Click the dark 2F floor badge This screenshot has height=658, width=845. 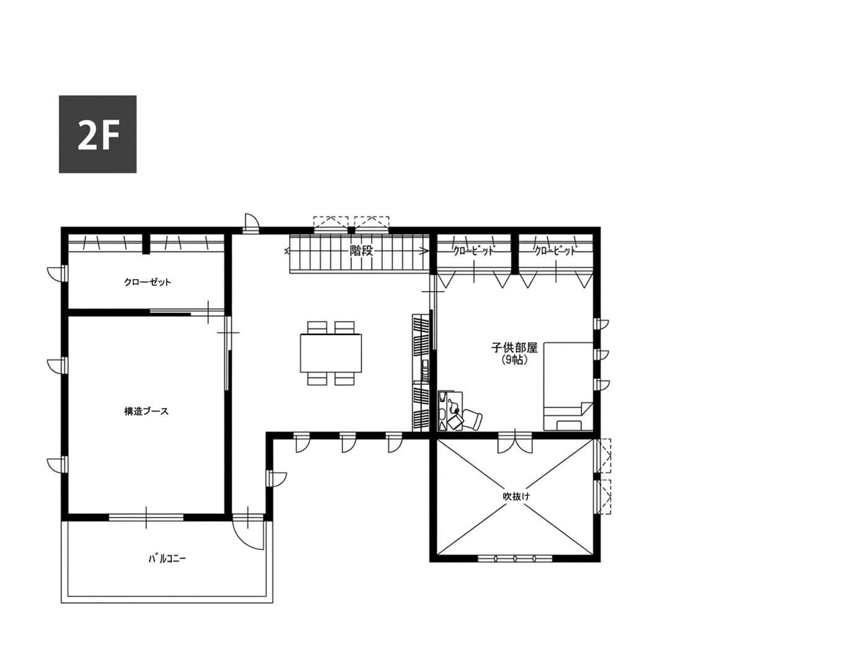point(97,134)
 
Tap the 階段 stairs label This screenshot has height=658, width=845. point(361,251)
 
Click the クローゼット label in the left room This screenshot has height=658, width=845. point(148,282)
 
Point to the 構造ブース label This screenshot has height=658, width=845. point(146,412)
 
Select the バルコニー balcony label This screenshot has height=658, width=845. point(168,559)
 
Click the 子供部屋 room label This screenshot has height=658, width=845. point(514,348)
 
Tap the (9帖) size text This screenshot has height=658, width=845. point(514,361)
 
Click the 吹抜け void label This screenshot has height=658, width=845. point(516,497)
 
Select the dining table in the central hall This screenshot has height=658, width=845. point(331,353)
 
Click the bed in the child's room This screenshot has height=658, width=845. point(568,387)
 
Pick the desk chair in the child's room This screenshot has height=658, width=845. point(472,419)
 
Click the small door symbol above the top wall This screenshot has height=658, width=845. point(251,223)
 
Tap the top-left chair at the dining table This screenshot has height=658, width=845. point(317,327)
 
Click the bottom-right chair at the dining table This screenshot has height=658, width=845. point(344,379)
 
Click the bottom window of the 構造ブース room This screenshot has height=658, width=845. point(146,518)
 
